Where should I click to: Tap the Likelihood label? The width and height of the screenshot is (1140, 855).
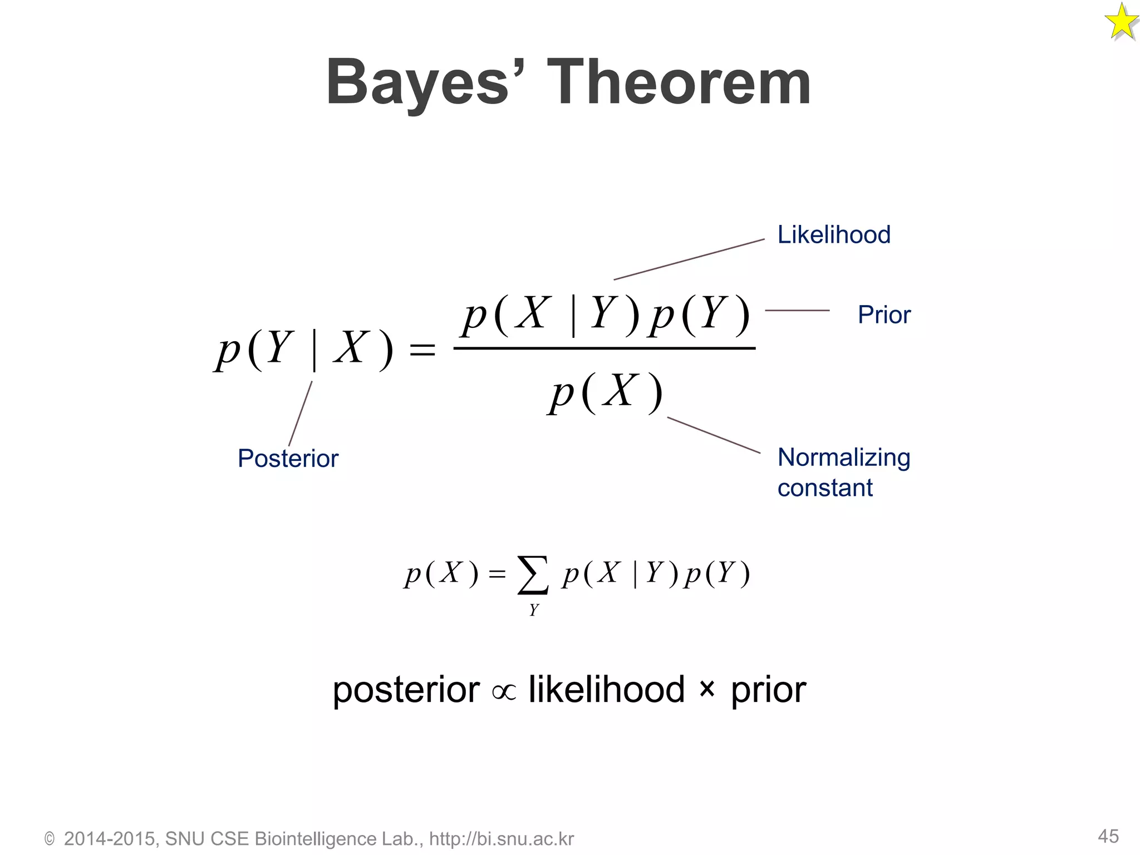(x=833, y=234)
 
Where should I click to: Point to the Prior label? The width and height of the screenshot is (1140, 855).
(x=884, y=315)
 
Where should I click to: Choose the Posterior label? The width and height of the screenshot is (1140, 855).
(x=288, y=459)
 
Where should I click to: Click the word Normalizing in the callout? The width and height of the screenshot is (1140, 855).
(x=843, y=458)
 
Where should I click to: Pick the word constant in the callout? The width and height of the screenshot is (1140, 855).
(x=825, y=488)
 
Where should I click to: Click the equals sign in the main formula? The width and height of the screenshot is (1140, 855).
(x=422, y=351)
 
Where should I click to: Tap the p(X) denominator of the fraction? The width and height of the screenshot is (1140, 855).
(x=605, y=392)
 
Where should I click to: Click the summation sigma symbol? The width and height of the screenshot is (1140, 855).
(x=533, y=575)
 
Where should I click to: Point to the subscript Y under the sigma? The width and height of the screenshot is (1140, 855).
(x=534, y=610)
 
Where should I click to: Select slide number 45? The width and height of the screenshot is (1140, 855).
(x=1108, y=836)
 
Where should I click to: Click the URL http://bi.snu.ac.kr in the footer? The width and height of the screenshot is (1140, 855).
(x=501, y=839)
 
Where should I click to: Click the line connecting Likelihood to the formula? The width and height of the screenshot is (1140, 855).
(x=689, y=259)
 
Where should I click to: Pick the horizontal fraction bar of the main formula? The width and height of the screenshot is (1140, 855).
(x=605, y=348)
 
